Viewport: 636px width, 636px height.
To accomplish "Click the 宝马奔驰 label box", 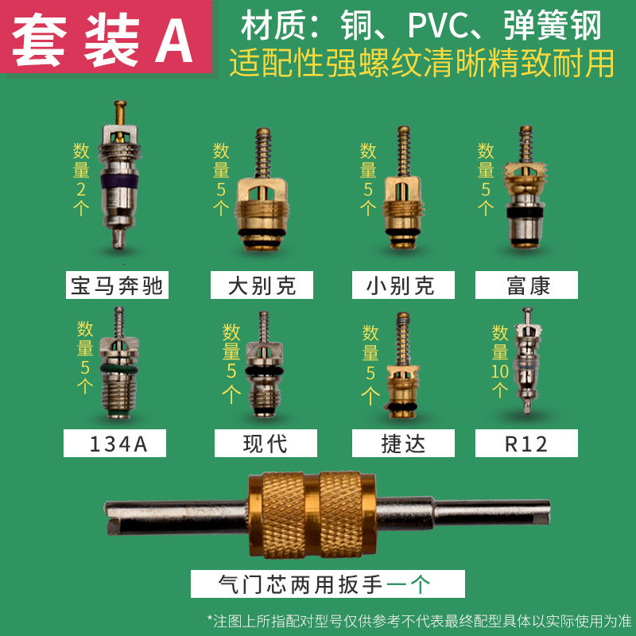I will pos(117,285).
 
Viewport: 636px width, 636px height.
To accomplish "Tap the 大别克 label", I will pos(262,285).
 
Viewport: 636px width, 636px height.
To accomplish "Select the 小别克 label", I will pos(403,285).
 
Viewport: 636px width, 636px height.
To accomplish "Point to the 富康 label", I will pos(526,285).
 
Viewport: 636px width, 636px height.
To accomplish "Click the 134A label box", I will pos(115,444).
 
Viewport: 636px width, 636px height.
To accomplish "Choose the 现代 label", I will pos(266,444).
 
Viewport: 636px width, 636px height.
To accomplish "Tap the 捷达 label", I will pos(403,444).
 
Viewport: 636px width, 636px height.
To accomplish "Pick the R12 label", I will pos(526,444).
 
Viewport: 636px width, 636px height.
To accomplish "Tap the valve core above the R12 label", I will pos(526,362).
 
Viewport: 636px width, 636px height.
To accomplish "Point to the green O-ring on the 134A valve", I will pos(118,368).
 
